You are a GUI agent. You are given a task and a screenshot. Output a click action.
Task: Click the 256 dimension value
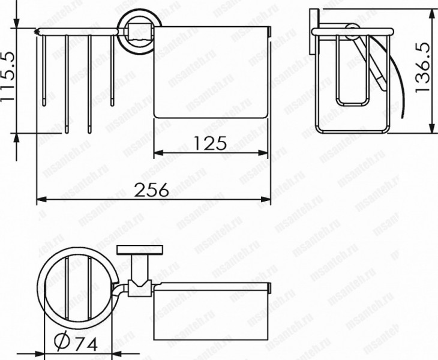click(152, 190)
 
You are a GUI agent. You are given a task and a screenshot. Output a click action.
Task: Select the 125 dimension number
click(210, 143)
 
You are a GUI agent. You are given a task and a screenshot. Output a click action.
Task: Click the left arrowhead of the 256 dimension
click(41, 199)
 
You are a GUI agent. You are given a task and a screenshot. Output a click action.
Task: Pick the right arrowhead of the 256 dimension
click(266, 199)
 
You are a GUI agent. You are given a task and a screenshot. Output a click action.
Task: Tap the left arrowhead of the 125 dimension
click(158, 153)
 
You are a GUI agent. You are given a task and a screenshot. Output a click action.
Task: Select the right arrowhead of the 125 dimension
click(263, 153)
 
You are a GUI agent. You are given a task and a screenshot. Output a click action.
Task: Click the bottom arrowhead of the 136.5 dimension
click(433, 128)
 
